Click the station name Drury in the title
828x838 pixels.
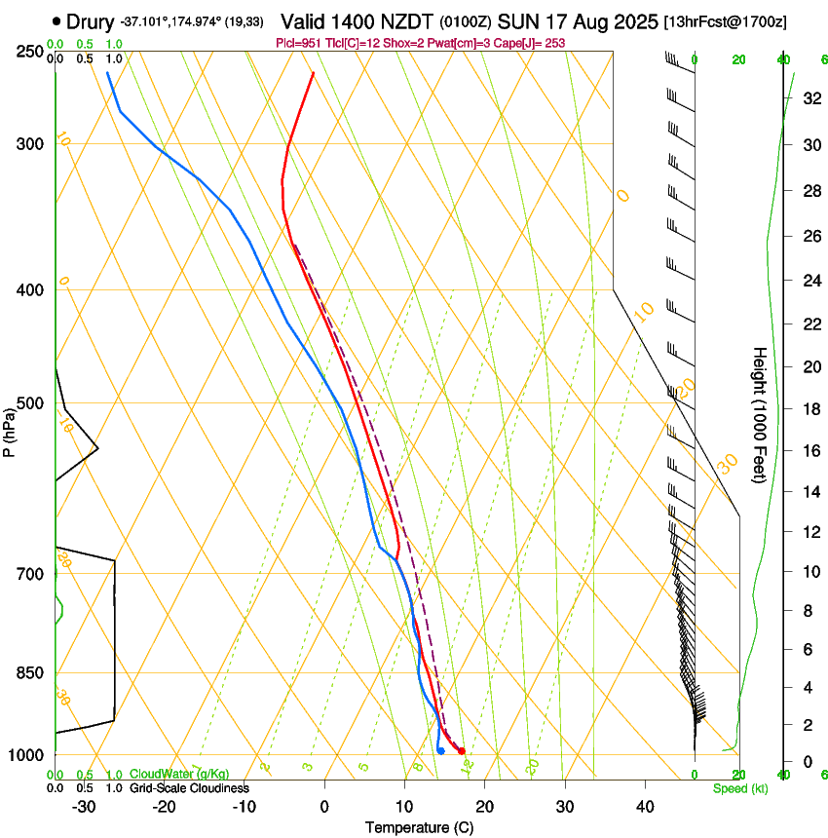(x=91, y=21)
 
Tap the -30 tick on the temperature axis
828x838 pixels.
(x=84, y=806)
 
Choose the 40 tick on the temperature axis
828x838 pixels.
(x=645, y=806)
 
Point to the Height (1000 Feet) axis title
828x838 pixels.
(x=760, y=414)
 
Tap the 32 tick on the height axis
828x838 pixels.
(x=809, y=98)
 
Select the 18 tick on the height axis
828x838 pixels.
(x=809, y=409)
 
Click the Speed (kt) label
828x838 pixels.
(x=739, y=788)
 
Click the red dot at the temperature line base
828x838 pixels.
(x=462, y=750)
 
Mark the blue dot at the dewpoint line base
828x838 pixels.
(x=441, y=750)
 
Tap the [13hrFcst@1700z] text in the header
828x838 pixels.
(x=726, y=21)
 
